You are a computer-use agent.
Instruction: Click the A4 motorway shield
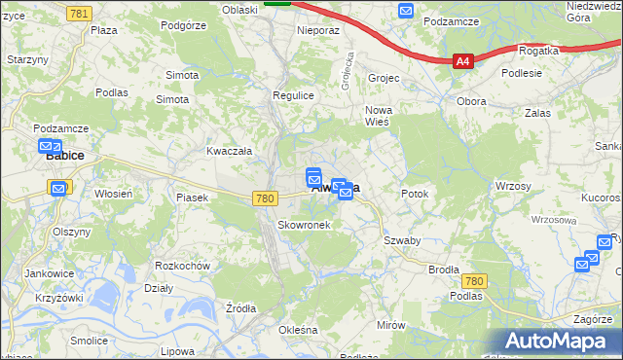tap(463, 61)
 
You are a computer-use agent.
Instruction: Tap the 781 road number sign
tap(81, 12)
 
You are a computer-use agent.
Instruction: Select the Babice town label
tap(65, 155)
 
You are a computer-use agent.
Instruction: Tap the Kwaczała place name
tap(229, 151)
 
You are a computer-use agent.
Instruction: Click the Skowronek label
tap(304, 225)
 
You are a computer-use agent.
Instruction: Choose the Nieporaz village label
tap(317, 30)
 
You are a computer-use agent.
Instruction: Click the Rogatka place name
tap(538, 50)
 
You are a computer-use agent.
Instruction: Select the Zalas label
tap(536, 113)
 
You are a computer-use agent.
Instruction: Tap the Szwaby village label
tap(401, 240)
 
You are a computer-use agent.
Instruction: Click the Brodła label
tap(443, 270)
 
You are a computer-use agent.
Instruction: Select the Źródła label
tap(239, 308)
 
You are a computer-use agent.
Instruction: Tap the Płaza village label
tap(104, 30)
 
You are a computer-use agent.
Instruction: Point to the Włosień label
tap(113, 194)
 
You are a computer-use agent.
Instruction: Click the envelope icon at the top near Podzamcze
tap(406, 10)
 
